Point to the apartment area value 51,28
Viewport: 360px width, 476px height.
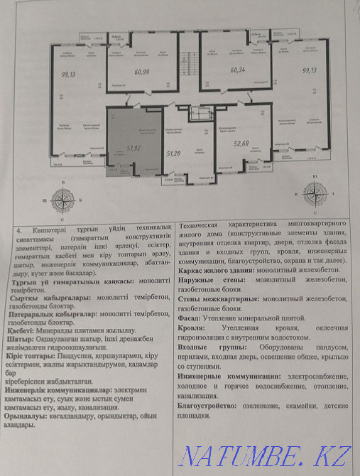[x=173, y=153]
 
